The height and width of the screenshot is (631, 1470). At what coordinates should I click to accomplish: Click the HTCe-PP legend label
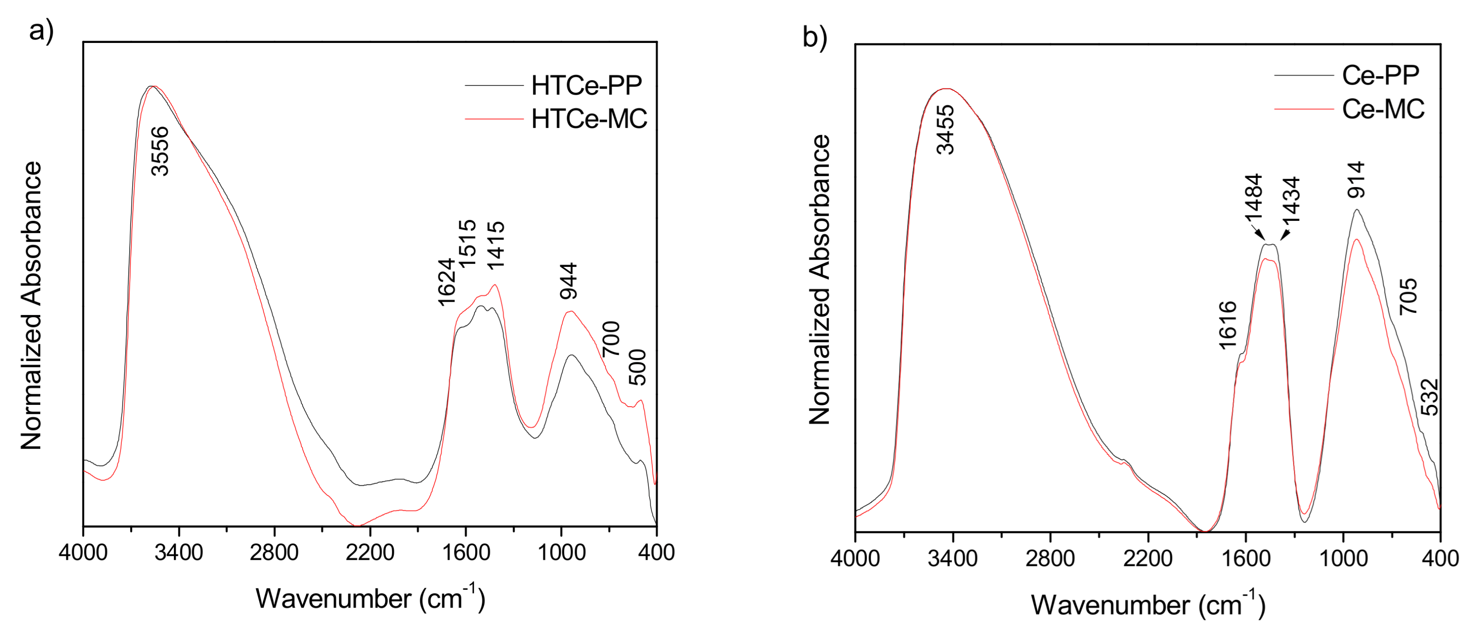click(586, 85)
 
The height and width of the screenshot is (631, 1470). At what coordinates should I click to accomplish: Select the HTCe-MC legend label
click(589, 119)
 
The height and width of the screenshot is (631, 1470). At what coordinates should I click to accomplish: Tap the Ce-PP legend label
click(1380, 75)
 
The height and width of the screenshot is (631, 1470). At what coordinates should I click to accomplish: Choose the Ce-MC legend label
click(1383, 109)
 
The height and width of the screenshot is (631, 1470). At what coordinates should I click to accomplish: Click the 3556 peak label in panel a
click(160, 151)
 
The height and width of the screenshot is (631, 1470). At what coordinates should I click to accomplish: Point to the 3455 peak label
click(946, 130)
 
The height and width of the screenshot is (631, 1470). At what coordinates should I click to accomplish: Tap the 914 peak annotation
click(1356, 180)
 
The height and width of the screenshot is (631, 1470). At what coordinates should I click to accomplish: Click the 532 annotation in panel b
click(1429, 398)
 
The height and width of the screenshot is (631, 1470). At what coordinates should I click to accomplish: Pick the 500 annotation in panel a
click(637, 368)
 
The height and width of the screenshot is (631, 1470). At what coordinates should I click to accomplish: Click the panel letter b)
click(814, 38)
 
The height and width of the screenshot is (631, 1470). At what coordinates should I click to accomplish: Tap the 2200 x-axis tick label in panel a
click(370, 552)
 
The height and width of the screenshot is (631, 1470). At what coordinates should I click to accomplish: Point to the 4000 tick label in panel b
click(855, 558)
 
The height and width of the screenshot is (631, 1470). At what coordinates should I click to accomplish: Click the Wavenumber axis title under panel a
click(370, 599)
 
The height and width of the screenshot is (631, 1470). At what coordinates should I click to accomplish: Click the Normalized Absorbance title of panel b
click(820, 280)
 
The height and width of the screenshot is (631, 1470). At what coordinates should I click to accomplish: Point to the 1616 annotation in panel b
click(1228, 325)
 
